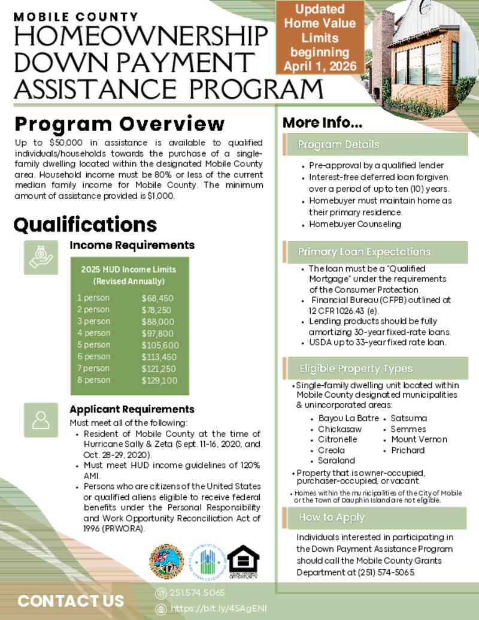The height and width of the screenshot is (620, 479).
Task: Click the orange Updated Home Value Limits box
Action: [320, 37]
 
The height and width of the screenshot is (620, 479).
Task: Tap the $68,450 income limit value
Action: [157, 298]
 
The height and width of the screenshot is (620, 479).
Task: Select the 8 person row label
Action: [93, 380]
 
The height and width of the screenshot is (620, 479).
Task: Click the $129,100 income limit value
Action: [159, 380]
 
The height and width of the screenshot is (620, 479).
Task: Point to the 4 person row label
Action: [93, 333]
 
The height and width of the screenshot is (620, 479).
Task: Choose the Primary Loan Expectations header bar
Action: [374, 252]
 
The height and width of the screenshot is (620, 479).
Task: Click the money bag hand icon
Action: [41, 258]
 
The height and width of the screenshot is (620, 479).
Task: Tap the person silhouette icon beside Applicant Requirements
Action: [41, 420]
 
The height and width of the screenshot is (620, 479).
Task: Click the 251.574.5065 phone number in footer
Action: [197, 593]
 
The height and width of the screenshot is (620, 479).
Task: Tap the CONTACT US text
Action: [71, 601]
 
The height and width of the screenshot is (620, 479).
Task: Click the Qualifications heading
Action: [85, 225]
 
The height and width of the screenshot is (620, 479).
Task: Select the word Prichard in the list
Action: [408, 450]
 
